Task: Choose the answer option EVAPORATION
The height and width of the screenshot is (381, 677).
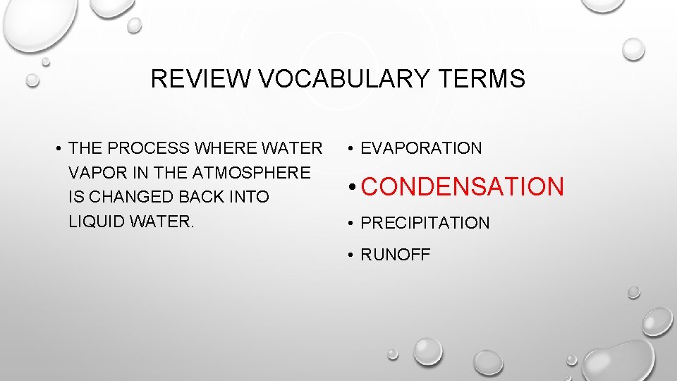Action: [421, 148]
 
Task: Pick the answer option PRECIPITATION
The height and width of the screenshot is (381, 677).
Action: [425, 223]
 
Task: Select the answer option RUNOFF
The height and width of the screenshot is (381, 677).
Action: [395, 255]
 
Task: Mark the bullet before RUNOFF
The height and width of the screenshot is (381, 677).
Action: [351, 255]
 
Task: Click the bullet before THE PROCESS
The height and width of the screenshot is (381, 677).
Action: [59, 149]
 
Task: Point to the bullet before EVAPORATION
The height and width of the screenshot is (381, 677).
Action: [351, 149]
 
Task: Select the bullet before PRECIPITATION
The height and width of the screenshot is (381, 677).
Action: [351, 224]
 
